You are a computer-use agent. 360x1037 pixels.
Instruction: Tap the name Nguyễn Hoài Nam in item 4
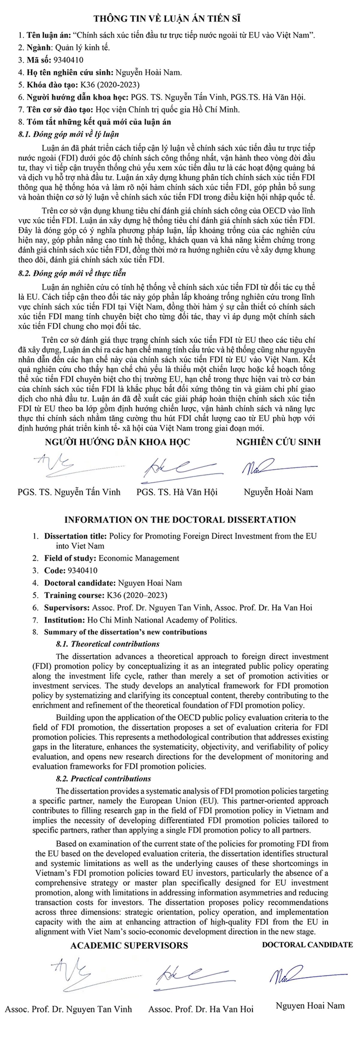point(148,73)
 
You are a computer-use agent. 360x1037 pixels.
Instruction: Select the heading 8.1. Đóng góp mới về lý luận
point(68,134)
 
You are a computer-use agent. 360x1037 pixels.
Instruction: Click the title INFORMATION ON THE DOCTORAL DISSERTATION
point(180,519)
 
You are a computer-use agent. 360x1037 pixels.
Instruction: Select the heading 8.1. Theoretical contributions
point(107,644)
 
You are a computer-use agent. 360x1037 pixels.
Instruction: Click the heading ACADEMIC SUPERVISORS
point(129,945)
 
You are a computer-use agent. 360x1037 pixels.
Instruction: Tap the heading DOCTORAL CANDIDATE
point(307,944)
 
